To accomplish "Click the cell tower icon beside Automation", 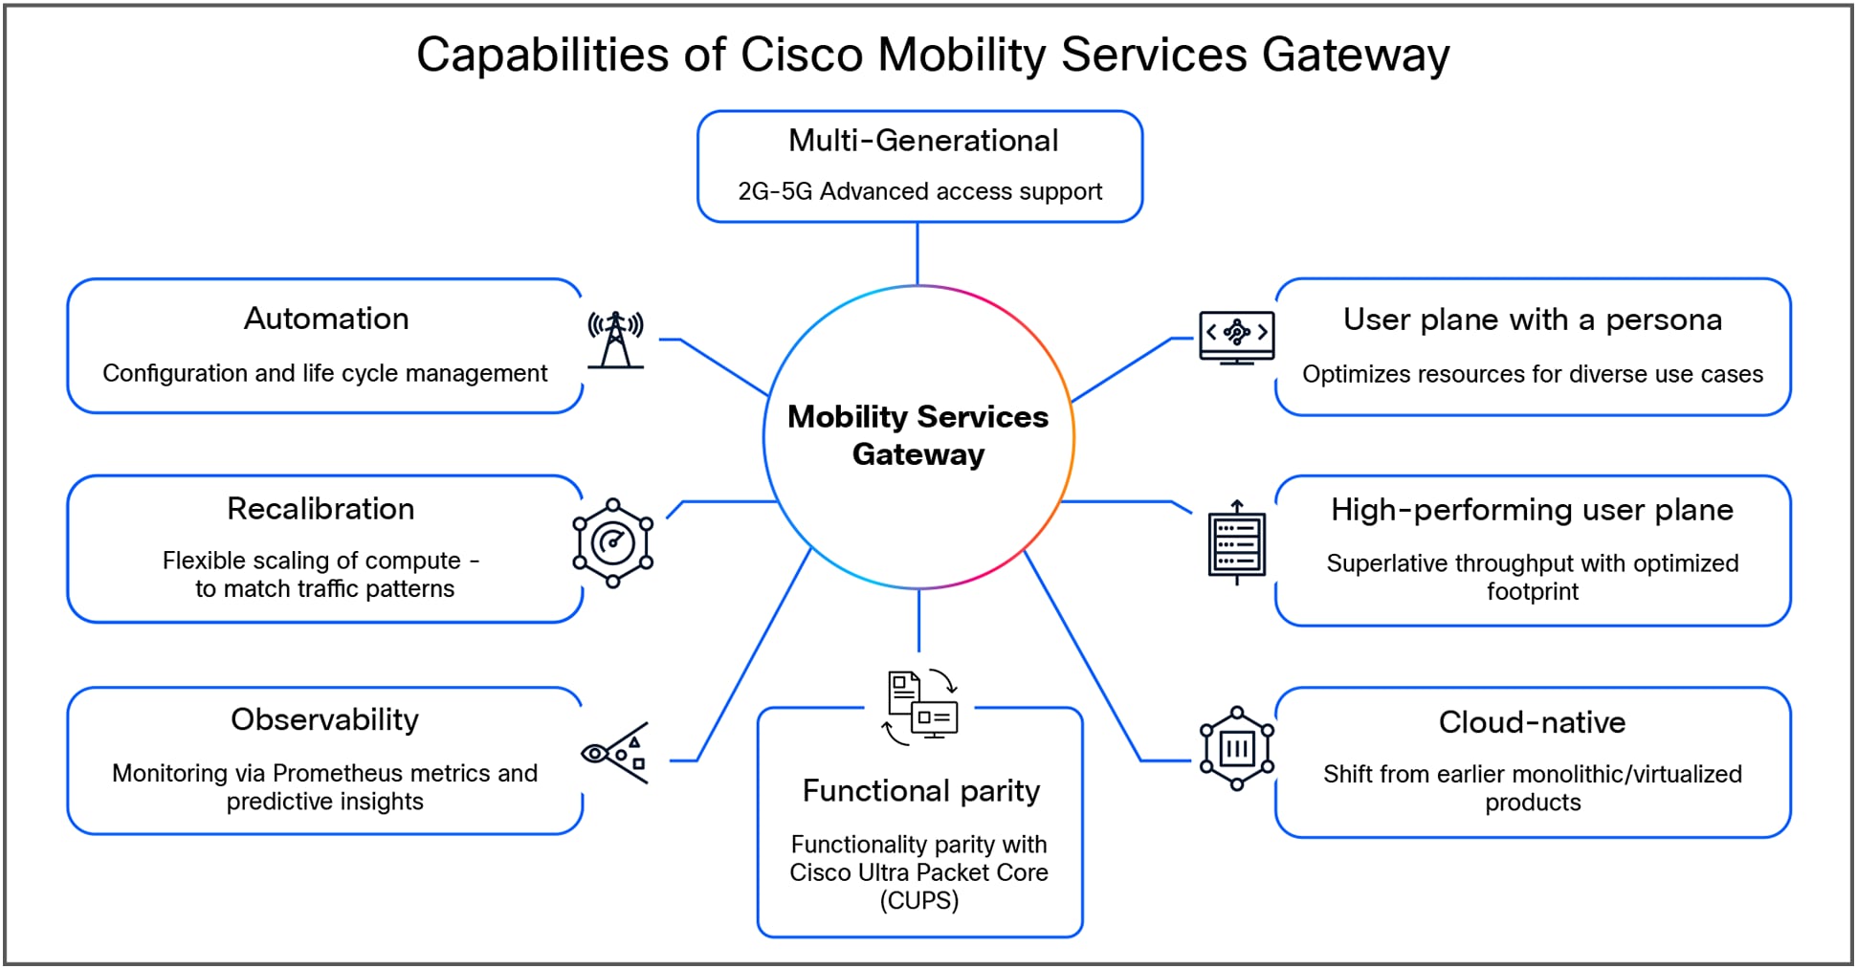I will click(615, 340).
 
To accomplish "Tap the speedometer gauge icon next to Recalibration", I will click(613, 543).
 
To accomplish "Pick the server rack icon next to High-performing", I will click(1236, 543).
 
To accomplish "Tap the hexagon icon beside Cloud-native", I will click(1237, 748).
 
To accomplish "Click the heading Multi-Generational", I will click(922, 141).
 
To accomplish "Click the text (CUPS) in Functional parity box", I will click(918, 900).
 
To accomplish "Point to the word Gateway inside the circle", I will click(917, 454).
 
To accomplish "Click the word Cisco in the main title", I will click(802, 55).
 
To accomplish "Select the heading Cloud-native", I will click(1532, 722).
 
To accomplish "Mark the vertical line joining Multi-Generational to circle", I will click(917, 253).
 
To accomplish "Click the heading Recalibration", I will click(321, 509).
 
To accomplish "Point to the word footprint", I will click(1532, 591).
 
